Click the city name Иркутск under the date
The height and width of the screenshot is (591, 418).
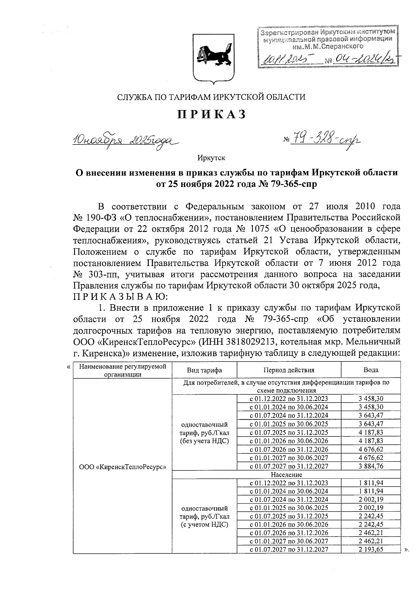pos(211,158)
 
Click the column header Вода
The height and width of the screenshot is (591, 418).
pos(371,370)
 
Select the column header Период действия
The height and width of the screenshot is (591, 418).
pos(289,370)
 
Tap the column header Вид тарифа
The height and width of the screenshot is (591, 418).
pos(204,370)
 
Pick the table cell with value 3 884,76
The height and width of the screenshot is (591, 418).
pos(371,466)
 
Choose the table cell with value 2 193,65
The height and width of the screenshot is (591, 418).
pos(371,549)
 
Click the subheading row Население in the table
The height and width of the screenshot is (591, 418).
pos(286,474)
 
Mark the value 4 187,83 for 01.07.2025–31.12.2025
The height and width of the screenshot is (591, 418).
pos(371,432)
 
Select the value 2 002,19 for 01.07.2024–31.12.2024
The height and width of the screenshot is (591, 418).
pos(371,499)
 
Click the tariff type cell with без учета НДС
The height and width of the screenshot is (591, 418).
pos(204,432)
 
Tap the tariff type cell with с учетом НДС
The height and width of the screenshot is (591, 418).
pos(204,516)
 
